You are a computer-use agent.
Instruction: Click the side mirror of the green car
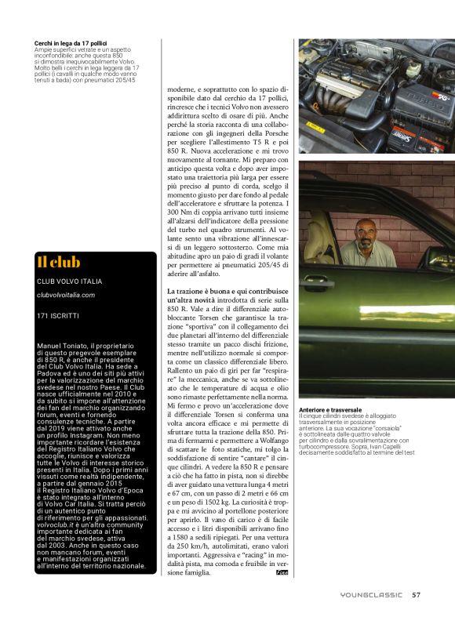click(439, 259)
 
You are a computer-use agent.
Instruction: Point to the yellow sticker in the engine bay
click(312, 125)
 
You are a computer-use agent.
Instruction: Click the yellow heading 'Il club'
click(59, 262)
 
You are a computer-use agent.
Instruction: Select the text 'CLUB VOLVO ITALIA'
click(69, 281)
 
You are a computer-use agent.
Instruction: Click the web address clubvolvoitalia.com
click(66, 295)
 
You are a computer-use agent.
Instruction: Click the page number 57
click(417, 594)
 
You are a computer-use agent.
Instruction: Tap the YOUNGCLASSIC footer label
click(373, 594)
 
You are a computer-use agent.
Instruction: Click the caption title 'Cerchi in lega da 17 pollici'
click(71, 42)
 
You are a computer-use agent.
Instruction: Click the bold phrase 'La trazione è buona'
click(196, 291)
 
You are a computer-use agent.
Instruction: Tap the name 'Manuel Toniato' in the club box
click(64, 345)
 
